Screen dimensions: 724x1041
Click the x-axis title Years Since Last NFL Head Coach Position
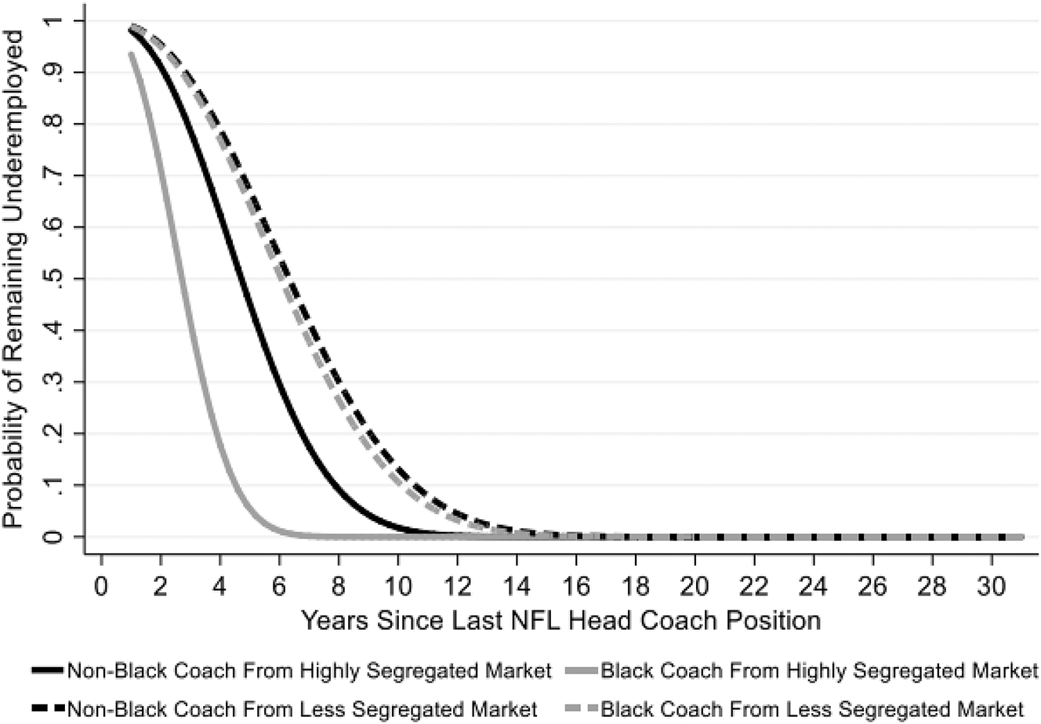tap(561, 621)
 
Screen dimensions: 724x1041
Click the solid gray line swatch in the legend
tap(579, 672)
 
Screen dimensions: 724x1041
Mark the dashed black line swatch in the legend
tap(49, 708)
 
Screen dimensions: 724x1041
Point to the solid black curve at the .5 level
tap(243, 279)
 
